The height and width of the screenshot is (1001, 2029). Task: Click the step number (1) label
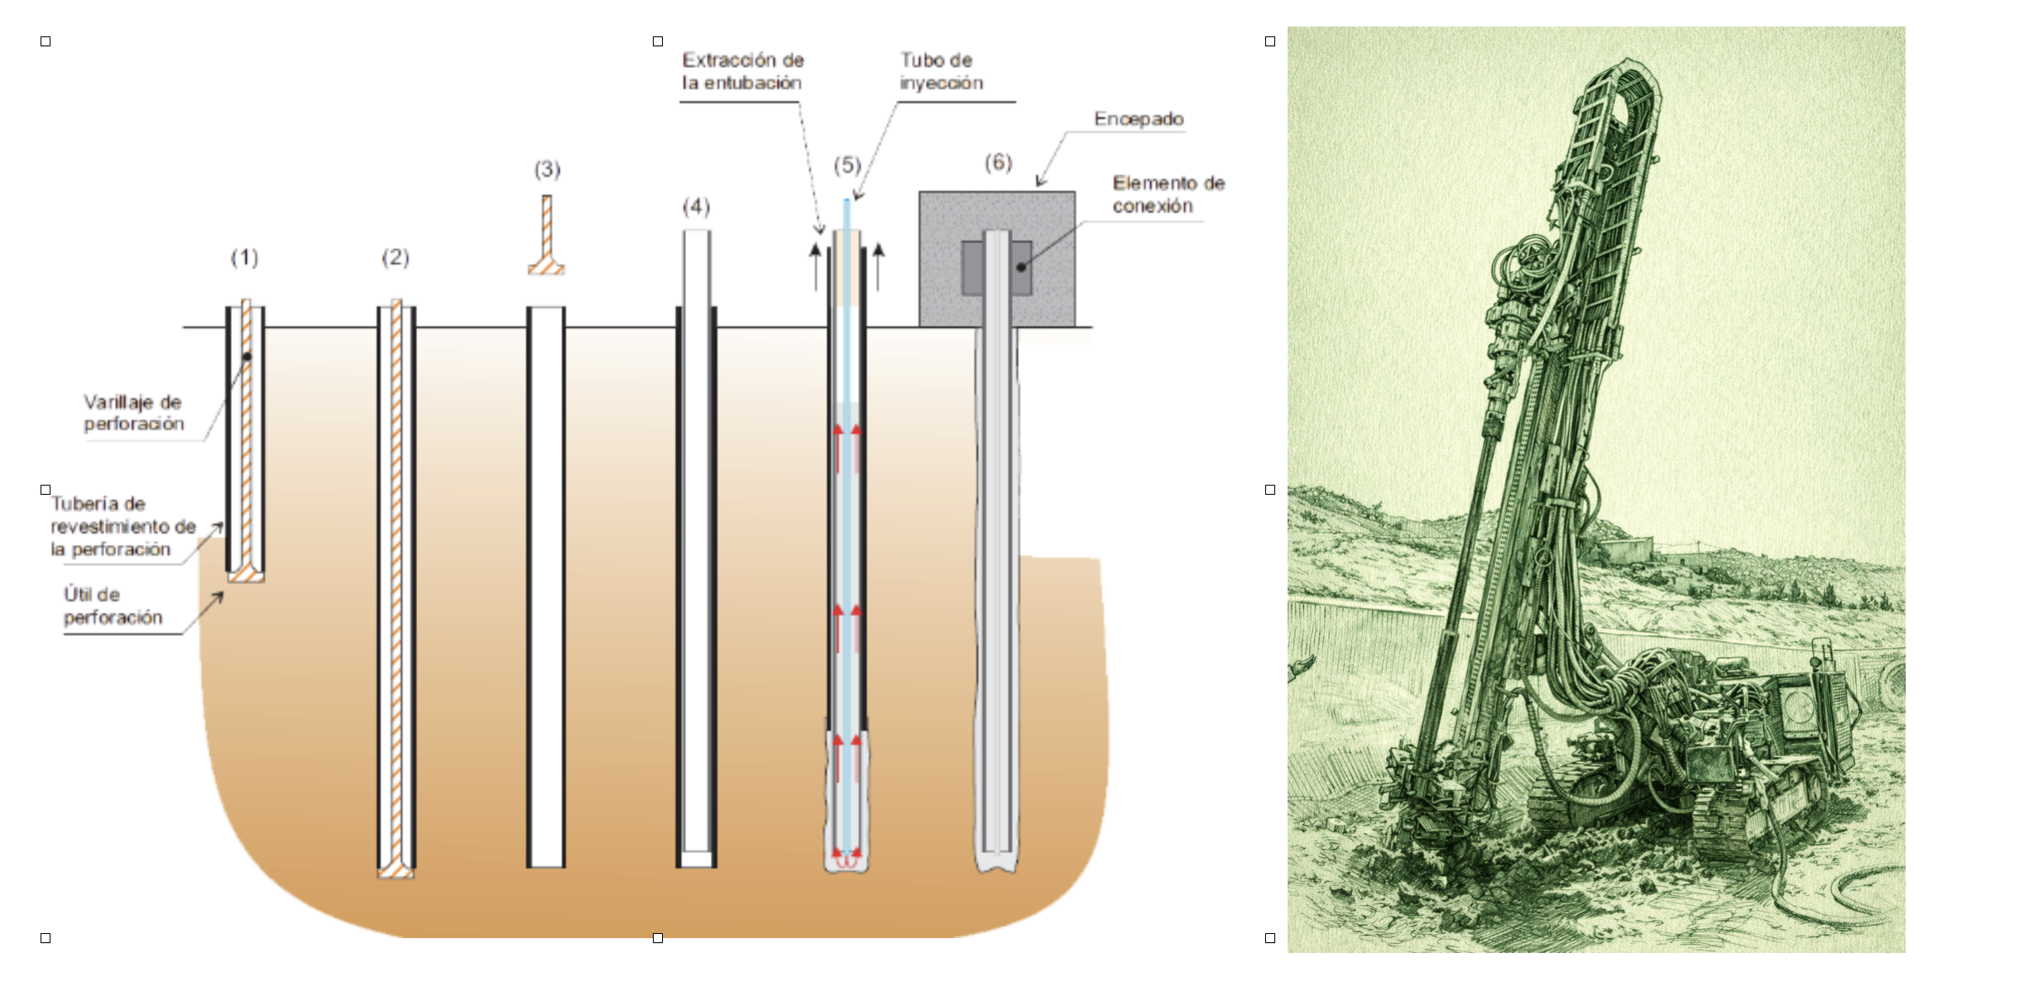(x=244, y=258)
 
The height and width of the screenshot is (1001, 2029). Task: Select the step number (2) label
(x=396, y=258)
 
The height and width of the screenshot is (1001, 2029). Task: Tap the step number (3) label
(x=547, y=170)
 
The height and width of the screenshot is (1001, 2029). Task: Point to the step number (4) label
(x=696, y=207)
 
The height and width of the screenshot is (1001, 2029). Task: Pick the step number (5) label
(x=847, y=165)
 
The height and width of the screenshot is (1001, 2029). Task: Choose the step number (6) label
(x=998, y=162)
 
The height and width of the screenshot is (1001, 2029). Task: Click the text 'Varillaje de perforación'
(x=133, y=413)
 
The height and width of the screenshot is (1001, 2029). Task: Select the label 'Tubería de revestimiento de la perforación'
(x=122, y=526)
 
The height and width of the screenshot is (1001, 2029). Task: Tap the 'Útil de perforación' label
(x=113, y=606)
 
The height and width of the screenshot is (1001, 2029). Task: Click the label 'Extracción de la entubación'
(x=742, y=71)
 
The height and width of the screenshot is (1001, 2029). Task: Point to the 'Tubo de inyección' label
(x=941, y=71)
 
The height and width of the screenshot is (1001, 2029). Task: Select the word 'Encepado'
(x=1138, y=119)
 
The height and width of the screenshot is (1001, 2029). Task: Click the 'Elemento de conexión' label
(x=1168, y=194)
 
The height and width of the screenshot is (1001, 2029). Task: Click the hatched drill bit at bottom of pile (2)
(x=396, y=870)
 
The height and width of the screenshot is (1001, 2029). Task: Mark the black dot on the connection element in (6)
(x=1021, y=267)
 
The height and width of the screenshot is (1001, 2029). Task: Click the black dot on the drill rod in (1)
(x=247, y=357)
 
